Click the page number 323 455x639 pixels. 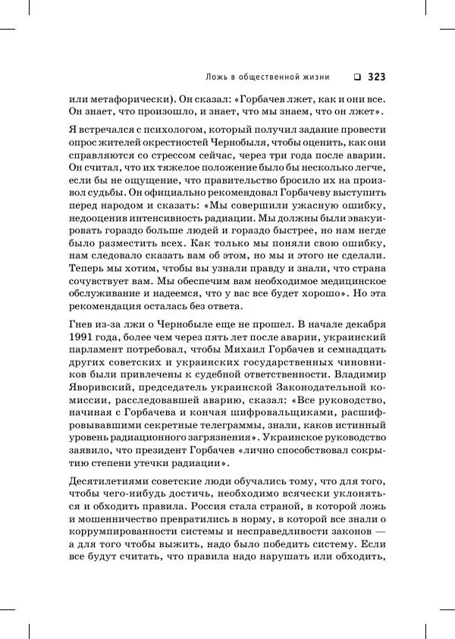point(377,77)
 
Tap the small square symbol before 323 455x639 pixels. point(356,77)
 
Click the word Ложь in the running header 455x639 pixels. point(218,77)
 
